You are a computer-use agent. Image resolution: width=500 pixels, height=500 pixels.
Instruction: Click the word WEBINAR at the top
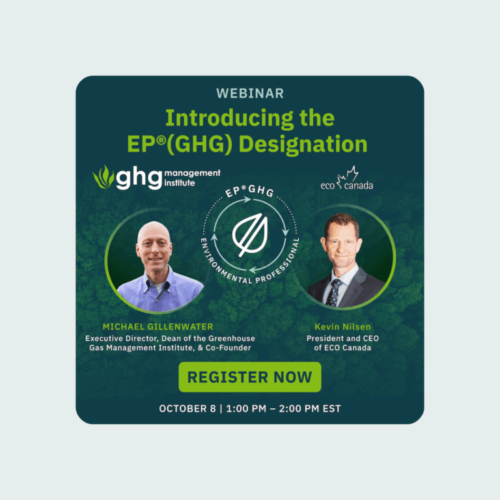tap(250, 94)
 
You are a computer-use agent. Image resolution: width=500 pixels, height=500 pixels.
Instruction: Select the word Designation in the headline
tap(303, 144)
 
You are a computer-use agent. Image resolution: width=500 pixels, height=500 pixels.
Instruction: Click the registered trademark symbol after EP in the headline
tap(162, 140)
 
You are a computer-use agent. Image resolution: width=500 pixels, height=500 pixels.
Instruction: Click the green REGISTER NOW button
tap(250, 377)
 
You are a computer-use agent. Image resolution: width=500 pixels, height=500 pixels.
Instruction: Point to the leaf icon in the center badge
tap(250, 234)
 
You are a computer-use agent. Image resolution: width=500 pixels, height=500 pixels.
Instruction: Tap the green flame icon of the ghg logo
tap(104, 177)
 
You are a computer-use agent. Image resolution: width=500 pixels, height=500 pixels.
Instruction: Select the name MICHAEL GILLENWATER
tap(158, 327)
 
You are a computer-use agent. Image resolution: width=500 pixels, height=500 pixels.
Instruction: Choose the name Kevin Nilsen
tap(343, 327)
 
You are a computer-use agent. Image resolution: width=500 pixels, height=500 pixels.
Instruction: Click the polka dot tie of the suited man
tap(333, 293)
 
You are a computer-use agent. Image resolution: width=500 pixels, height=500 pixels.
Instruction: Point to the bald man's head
tap(154, 244)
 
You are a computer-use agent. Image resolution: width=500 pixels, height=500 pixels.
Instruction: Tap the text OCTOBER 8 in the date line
tap(187, 409)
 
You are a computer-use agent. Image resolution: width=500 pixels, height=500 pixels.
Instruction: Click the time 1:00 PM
tap(246, 409)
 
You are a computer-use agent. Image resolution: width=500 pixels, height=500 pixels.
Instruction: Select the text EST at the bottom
tap(331, 409)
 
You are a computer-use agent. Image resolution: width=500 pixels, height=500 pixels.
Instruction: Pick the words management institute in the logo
tap(192, 178)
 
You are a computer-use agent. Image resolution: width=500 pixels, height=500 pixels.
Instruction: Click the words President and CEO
tap(343, 339)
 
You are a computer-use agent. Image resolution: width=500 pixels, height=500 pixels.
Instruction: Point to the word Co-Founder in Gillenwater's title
tap(229, 348)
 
